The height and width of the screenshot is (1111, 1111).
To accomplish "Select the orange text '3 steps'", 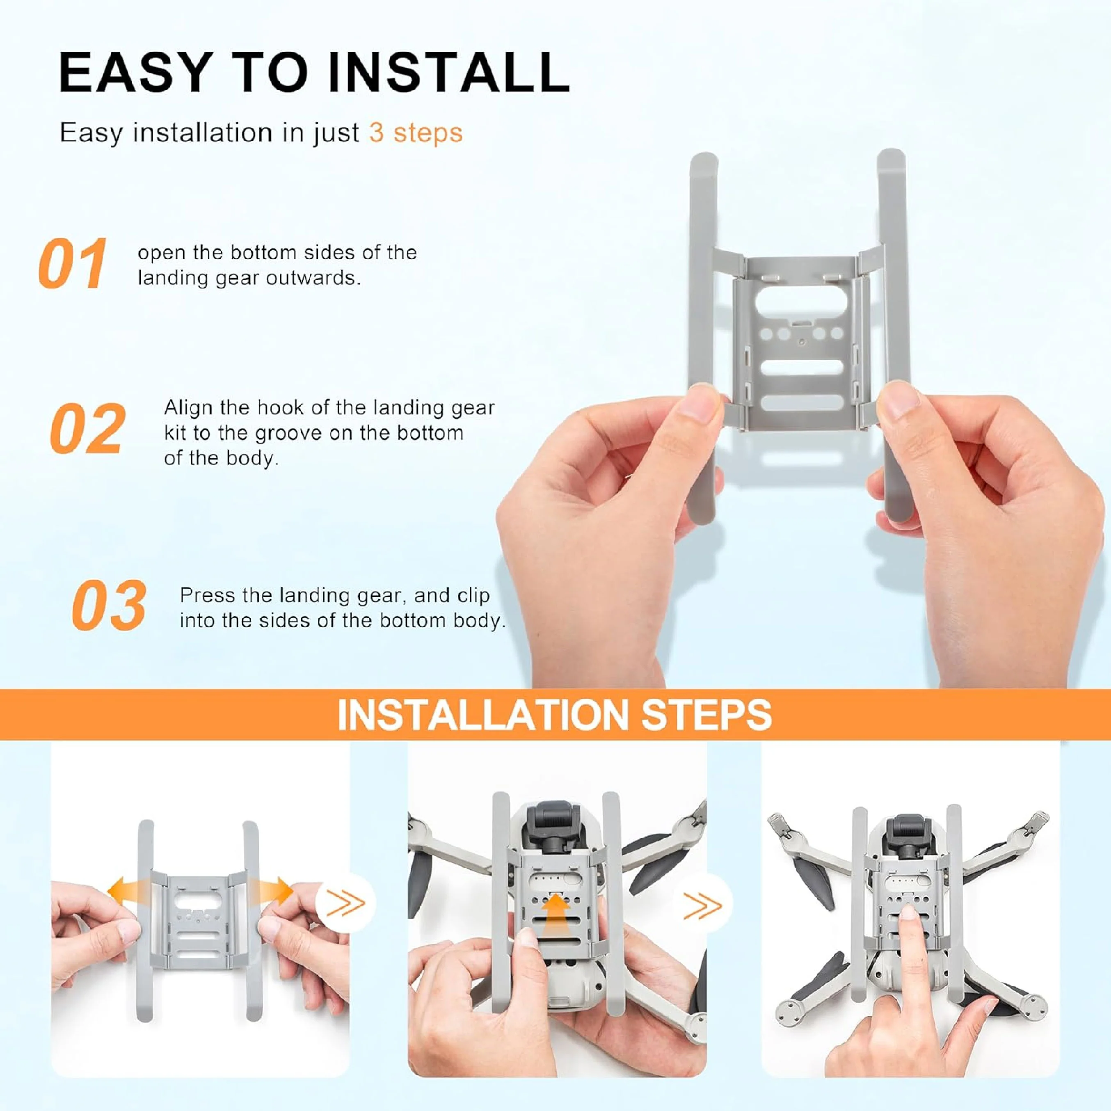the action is point(416,133).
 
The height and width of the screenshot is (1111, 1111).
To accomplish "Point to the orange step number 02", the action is point(87,428).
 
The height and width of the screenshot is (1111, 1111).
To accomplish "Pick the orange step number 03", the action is point(109,605).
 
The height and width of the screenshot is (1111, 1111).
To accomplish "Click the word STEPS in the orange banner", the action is point(706,715).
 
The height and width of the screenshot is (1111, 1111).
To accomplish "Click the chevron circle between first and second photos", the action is point(345,903).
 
